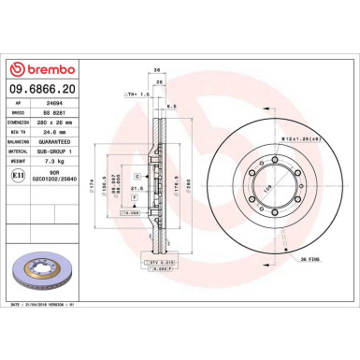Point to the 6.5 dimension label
click(x=172, y=108)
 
